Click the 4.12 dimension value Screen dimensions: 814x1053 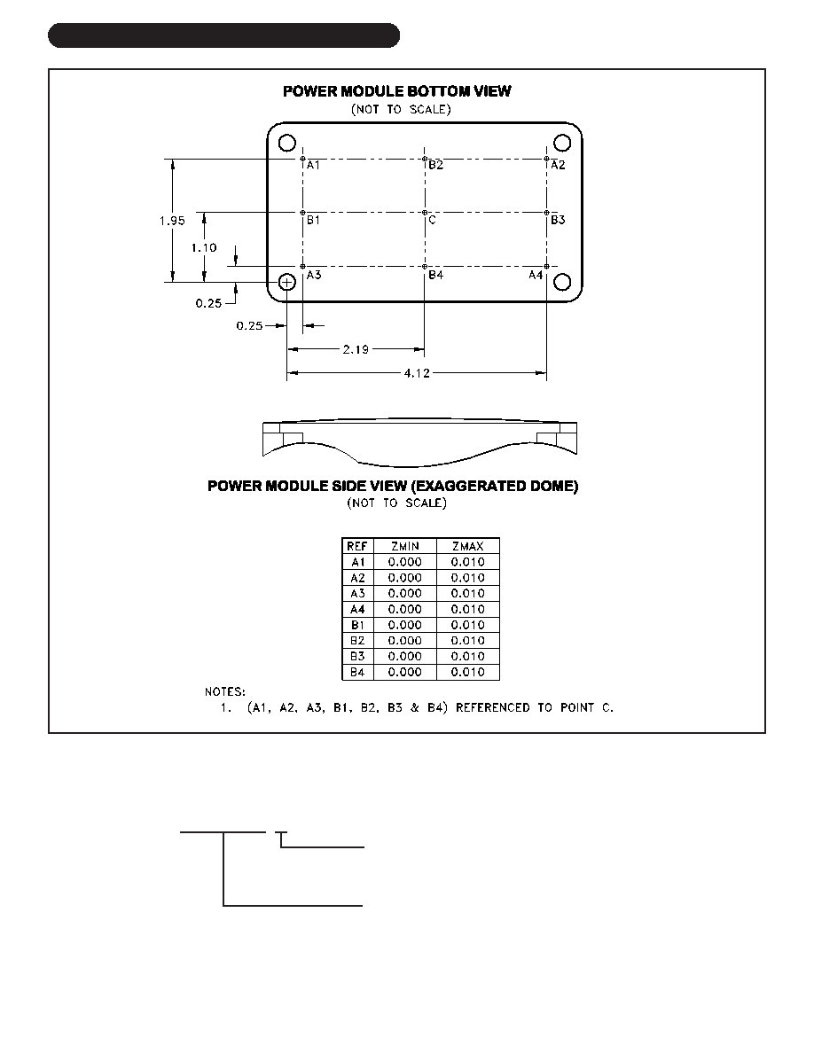point(417,372)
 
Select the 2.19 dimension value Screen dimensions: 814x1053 point(356,349)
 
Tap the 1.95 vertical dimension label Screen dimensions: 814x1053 point(173,221)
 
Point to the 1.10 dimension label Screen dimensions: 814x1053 point(204,248)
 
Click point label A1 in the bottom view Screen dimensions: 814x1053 point(314,165)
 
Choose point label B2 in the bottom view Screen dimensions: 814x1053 point(436,165)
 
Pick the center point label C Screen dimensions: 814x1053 point(433,220)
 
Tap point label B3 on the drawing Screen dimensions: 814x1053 point(558,220)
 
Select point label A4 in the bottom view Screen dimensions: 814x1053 point(536,275)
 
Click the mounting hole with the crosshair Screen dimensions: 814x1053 point(287,282)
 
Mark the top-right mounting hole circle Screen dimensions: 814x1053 point(562,143)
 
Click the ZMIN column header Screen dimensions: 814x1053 point(405,547)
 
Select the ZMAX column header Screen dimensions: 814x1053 point(468,547)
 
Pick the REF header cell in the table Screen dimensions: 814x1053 point(357,547)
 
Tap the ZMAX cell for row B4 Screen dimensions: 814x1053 point(468,672)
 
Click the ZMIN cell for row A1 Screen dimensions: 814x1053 point(405,562)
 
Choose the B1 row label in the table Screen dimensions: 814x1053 point(357,625)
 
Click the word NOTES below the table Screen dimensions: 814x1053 point(225,691)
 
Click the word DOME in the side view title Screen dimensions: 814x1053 point(553,487)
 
